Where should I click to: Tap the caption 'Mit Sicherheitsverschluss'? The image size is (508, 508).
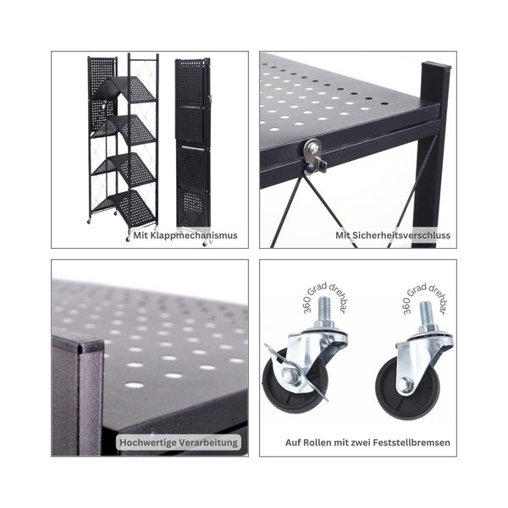[393, 235]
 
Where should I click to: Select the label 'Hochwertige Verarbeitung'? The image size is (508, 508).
[179, 442]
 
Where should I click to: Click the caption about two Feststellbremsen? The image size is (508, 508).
[367, 442]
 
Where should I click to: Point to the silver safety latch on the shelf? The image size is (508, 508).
[315, 153]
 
